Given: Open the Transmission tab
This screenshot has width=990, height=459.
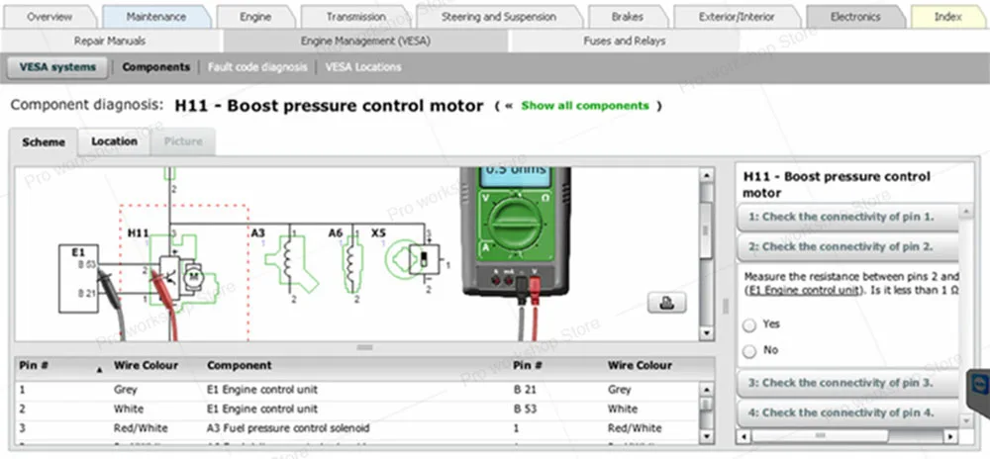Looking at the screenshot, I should (x=356, y=17).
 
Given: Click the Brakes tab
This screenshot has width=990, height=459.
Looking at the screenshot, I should (x=627, y=17).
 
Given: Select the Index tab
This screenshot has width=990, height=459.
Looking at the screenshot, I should (x=947, y=17).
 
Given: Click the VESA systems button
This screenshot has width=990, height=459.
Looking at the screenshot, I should (x=58, y=67).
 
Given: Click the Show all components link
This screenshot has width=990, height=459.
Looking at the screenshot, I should (x=585, y=106).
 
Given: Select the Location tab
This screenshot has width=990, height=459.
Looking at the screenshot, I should (x=114, y=141).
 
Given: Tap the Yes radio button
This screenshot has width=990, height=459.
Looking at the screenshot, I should (x=749, y=324).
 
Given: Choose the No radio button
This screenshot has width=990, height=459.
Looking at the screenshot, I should (x=749, y=350).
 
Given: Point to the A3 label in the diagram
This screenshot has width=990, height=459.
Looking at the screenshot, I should (x=257, y=233).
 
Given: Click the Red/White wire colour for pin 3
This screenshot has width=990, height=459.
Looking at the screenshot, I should (x=141, y=428).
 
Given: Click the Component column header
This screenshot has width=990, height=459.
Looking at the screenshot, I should (x=239, y=365).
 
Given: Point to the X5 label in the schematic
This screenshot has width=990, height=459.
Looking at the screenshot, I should (x=378, y=233).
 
